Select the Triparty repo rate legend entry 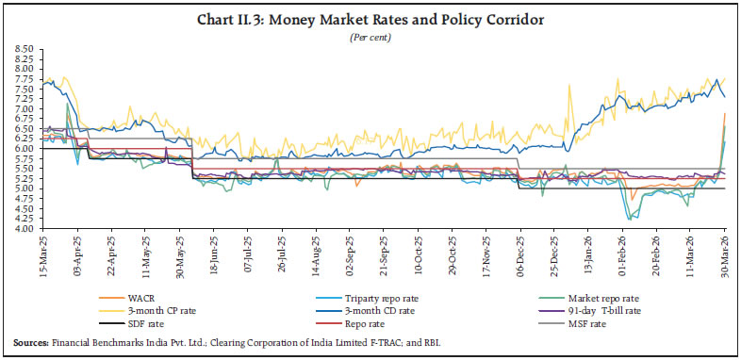click(351, 297)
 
